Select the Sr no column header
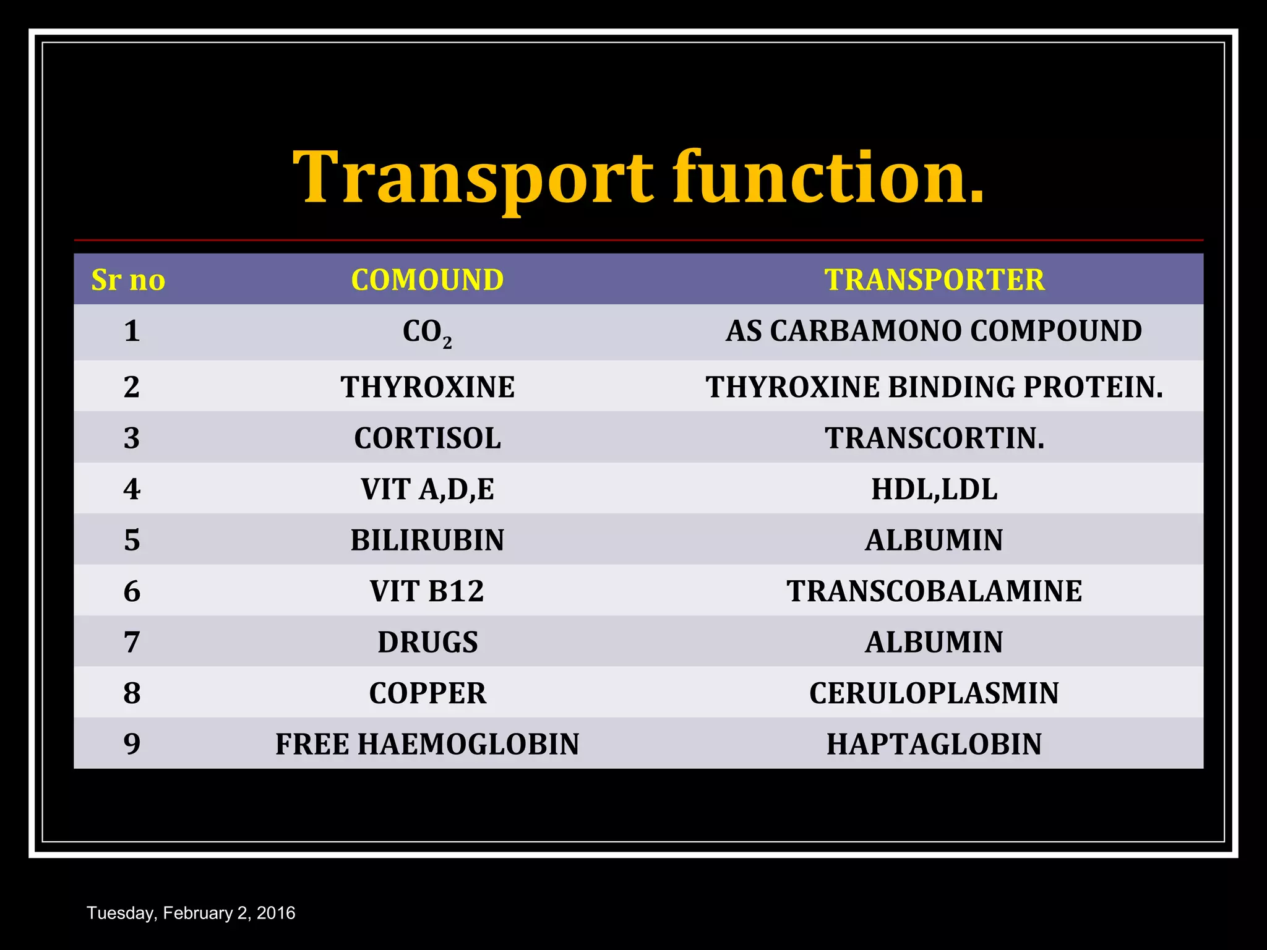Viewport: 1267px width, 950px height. (x=128, y=280)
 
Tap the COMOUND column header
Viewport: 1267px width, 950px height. (x=427, y=280)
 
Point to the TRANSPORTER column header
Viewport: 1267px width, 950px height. (x=934, y=280)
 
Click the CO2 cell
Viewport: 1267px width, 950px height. (x=427, y=332)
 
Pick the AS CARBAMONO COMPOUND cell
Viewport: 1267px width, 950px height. (x=934, y=331)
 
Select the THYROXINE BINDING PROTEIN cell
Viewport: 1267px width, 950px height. (x=934, y=387)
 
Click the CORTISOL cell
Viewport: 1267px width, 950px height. (x=427, y=439)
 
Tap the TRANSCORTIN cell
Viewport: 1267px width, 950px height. (x=934, y=439)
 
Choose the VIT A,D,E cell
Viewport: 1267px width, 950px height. (x=427, y=489)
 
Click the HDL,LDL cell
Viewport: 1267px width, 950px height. (x=934, y=489)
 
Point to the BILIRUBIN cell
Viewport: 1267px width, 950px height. (x=427, y=540)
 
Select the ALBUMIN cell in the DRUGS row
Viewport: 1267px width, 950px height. (x=934, y=642)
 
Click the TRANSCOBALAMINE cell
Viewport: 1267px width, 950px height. (x=934, y=591)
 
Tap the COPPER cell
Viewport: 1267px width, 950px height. (x=427, y=693)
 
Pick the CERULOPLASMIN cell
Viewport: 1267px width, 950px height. (x=934, y=693)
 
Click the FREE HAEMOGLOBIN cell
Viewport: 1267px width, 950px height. (x=427, y=744)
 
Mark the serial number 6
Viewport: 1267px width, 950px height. (x=132, y=591)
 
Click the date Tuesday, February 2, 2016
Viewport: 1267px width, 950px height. (x=191, y=914)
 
